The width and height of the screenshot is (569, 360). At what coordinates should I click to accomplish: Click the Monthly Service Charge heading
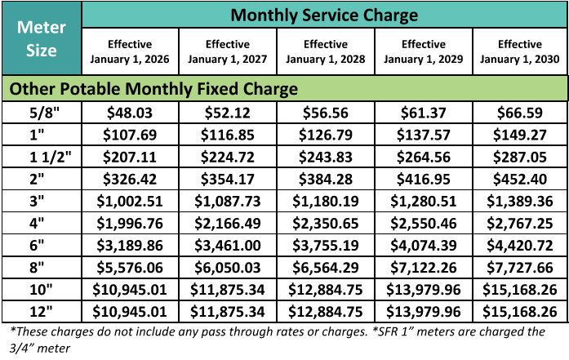point(324,15)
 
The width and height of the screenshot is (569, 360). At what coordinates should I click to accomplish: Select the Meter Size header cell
point(41,38)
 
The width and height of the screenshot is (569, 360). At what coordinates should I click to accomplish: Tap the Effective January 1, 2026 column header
point(130,51)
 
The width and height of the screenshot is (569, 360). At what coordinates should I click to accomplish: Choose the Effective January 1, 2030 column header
point(520,51)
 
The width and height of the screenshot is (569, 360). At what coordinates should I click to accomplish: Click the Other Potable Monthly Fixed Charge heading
point(152,88)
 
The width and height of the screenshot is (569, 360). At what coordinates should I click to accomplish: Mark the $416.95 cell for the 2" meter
point(423,177)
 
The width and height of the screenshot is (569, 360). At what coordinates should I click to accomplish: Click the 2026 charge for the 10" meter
point(130,289)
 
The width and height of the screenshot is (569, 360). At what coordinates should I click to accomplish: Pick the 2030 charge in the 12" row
point(520,311)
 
